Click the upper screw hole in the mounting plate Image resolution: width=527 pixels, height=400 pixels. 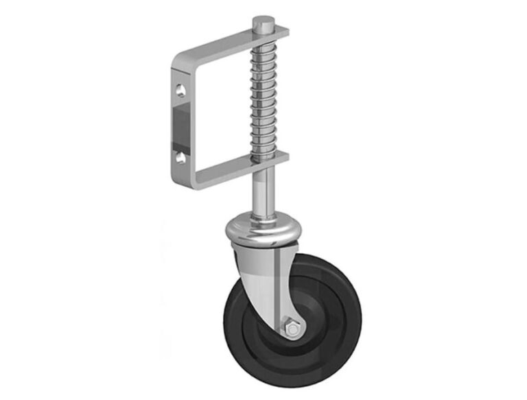click(x=180, y=90)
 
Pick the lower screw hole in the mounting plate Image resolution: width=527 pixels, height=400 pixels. click(x=180, y=157)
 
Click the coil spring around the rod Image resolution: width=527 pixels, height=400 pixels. click(x=263, y=96)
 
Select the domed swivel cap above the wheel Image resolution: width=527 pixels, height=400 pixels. click(x=262, y=230)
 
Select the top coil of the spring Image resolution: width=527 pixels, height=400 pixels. click(x=263, y=43)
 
